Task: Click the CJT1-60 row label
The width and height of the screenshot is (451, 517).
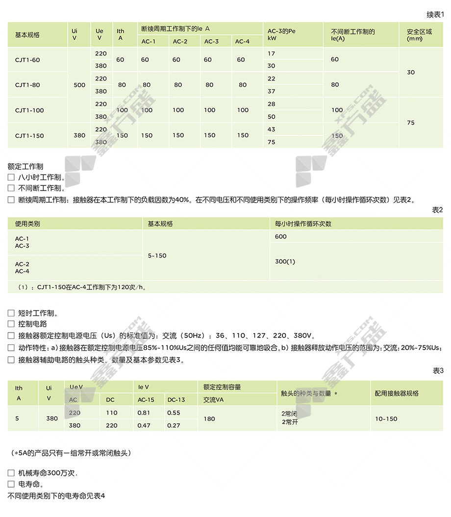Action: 27,60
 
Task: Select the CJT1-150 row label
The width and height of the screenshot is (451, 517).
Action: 29,136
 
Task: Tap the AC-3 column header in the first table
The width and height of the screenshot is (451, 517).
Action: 211,42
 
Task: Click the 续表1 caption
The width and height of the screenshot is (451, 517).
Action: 434,15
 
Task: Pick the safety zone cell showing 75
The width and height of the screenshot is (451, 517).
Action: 411,123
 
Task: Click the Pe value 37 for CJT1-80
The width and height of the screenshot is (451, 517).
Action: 272,91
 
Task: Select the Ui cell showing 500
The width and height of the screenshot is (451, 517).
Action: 79,85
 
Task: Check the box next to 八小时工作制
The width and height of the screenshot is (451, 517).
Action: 11,178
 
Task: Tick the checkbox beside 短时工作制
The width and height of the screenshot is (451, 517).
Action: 11,313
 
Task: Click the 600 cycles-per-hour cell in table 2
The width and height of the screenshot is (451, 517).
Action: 281,236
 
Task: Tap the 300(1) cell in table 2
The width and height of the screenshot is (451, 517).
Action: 285,262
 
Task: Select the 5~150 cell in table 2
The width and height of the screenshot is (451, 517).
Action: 157,256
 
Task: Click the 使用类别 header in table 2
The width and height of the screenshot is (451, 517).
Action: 27,224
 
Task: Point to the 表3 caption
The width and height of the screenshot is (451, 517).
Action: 437,371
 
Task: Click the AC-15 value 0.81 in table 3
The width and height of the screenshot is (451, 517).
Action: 144,413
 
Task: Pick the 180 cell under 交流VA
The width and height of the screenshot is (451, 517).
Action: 209,419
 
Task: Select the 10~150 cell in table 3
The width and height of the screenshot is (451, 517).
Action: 386,419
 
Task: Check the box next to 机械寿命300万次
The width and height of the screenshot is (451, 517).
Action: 11,473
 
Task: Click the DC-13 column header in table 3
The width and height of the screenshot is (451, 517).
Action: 176,400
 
